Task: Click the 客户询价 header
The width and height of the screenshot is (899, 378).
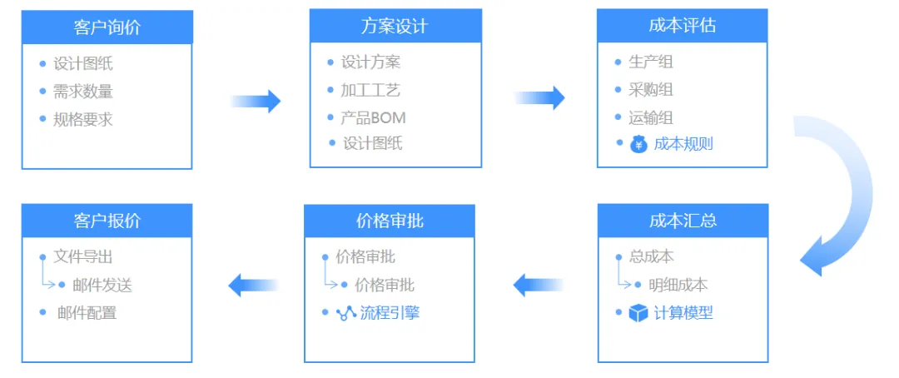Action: click(107, 27)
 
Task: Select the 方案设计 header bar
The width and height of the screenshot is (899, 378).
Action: click(395, 26)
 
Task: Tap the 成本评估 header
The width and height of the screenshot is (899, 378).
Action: click(683, 25)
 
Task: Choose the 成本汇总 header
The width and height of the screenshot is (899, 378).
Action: click(683, 221)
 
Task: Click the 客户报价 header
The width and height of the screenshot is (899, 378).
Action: click(107, 221)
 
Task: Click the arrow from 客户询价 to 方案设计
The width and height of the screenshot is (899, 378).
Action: click(256, 101)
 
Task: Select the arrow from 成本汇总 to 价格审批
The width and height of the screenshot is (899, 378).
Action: click(538, 285)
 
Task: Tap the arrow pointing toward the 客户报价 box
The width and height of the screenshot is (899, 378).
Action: click(253, 285)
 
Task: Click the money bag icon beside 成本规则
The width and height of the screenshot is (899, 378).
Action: click(638, 144)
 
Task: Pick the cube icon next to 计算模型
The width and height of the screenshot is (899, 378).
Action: click(638, 313)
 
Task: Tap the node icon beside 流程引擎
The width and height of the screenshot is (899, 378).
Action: click(346, 313)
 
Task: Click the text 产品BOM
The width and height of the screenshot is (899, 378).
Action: click(373, 118)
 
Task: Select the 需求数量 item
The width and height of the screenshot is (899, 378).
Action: click(83, 92)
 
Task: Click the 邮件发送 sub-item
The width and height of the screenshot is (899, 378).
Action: click(102, 285)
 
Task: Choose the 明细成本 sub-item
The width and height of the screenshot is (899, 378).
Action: click(678, 285)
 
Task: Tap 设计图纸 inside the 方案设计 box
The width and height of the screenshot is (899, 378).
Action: click(373, 143)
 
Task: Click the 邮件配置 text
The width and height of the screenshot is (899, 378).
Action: click(87, 312)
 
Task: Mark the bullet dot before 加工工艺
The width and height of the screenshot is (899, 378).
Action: click(330, 89)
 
